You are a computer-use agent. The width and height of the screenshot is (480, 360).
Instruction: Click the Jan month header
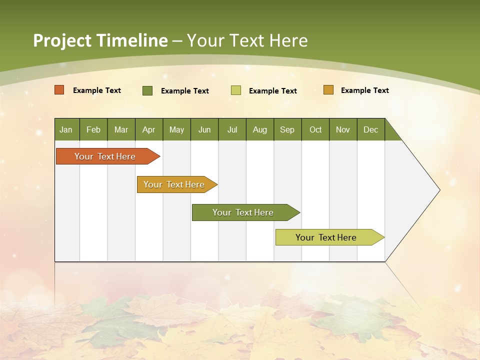pos(66,130)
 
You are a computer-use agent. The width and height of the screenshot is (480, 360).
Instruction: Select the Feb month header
pos(93,130)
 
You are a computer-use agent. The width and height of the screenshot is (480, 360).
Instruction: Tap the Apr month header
pos(148,130)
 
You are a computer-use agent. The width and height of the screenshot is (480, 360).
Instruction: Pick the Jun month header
pos(204,130)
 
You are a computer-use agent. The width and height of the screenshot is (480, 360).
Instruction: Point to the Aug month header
pos(260,130)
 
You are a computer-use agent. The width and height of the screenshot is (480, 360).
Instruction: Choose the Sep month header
pos(287,130)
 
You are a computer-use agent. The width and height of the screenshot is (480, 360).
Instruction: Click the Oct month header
pos(315,130)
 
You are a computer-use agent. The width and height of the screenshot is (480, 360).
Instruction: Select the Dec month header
pos(370,130)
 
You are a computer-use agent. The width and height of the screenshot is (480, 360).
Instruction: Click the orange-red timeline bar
pos(105,156)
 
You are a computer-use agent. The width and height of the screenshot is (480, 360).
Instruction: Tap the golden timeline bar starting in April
pos(174,184)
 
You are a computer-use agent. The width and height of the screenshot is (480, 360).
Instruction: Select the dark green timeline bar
pos(243,212)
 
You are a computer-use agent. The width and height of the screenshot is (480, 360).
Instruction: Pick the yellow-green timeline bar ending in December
pos(326,237)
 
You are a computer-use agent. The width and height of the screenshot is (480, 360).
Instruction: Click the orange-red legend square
pos(59,90)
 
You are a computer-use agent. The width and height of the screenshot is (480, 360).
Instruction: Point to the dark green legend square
pos(147,90)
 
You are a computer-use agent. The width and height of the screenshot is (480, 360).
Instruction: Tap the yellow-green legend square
pos(236,90)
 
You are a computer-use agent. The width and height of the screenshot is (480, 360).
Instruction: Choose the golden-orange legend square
pos(328,90)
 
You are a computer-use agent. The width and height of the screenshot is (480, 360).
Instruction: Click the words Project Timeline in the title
pos(100,40)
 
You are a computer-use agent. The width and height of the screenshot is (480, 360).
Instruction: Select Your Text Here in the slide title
pos(247,40)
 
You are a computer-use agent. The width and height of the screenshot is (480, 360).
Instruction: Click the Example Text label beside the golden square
pos(364,90)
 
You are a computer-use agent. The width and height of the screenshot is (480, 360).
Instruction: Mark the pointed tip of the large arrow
pos(438,190)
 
